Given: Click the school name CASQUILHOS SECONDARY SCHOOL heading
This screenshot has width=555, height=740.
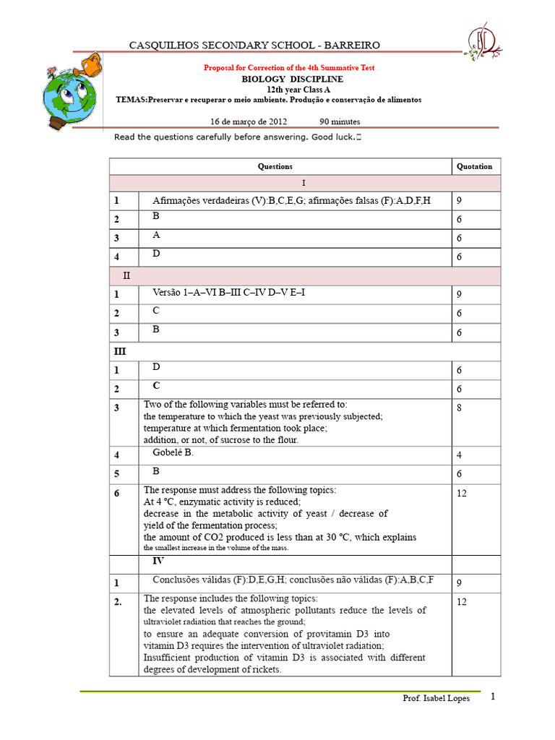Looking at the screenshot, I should [x=254, y=46].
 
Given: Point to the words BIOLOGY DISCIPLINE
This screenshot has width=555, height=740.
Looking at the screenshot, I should [x=293, y=79].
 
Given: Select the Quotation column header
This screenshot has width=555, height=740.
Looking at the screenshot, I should [x=475, y=166].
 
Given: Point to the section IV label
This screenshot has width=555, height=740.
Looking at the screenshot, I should [x=158, y=560].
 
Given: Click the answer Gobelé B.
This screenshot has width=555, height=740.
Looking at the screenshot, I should [x=173, y=452].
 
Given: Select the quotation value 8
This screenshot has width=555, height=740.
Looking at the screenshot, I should [x=459, y=408].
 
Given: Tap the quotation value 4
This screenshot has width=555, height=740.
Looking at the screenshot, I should [x=459, y=455].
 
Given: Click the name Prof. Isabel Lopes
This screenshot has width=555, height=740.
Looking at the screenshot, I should [x=436, y=699].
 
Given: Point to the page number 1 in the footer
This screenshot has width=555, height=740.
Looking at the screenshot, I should [x=493, y=697].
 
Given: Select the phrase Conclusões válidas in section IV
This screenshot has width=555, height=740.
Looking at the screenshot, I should [x=193, y=580].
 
